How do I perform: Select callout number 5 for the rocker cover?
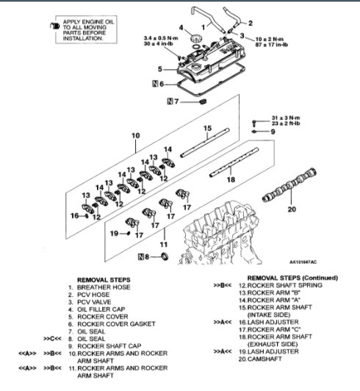159,69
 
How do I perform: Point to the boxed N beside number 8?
143,257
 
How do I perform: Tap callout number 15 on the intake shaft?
207,128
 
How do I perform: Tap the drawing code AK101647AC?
303,261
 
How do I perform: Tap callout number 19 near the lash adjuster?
113,233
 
